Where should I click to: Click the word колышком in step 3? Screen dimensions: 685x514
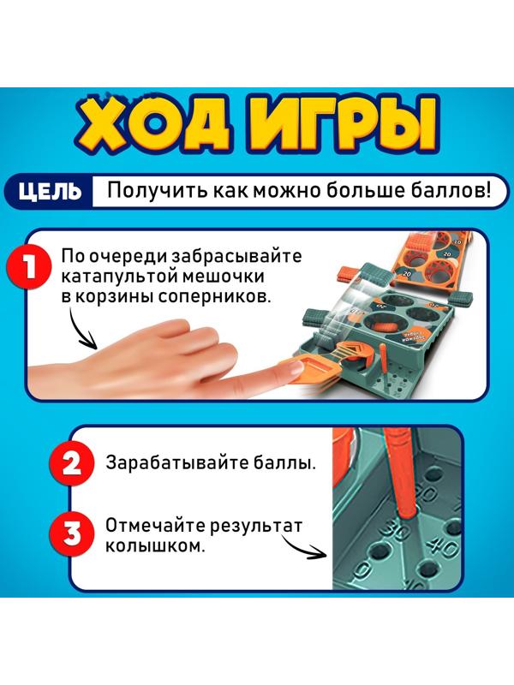point(155,545)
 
